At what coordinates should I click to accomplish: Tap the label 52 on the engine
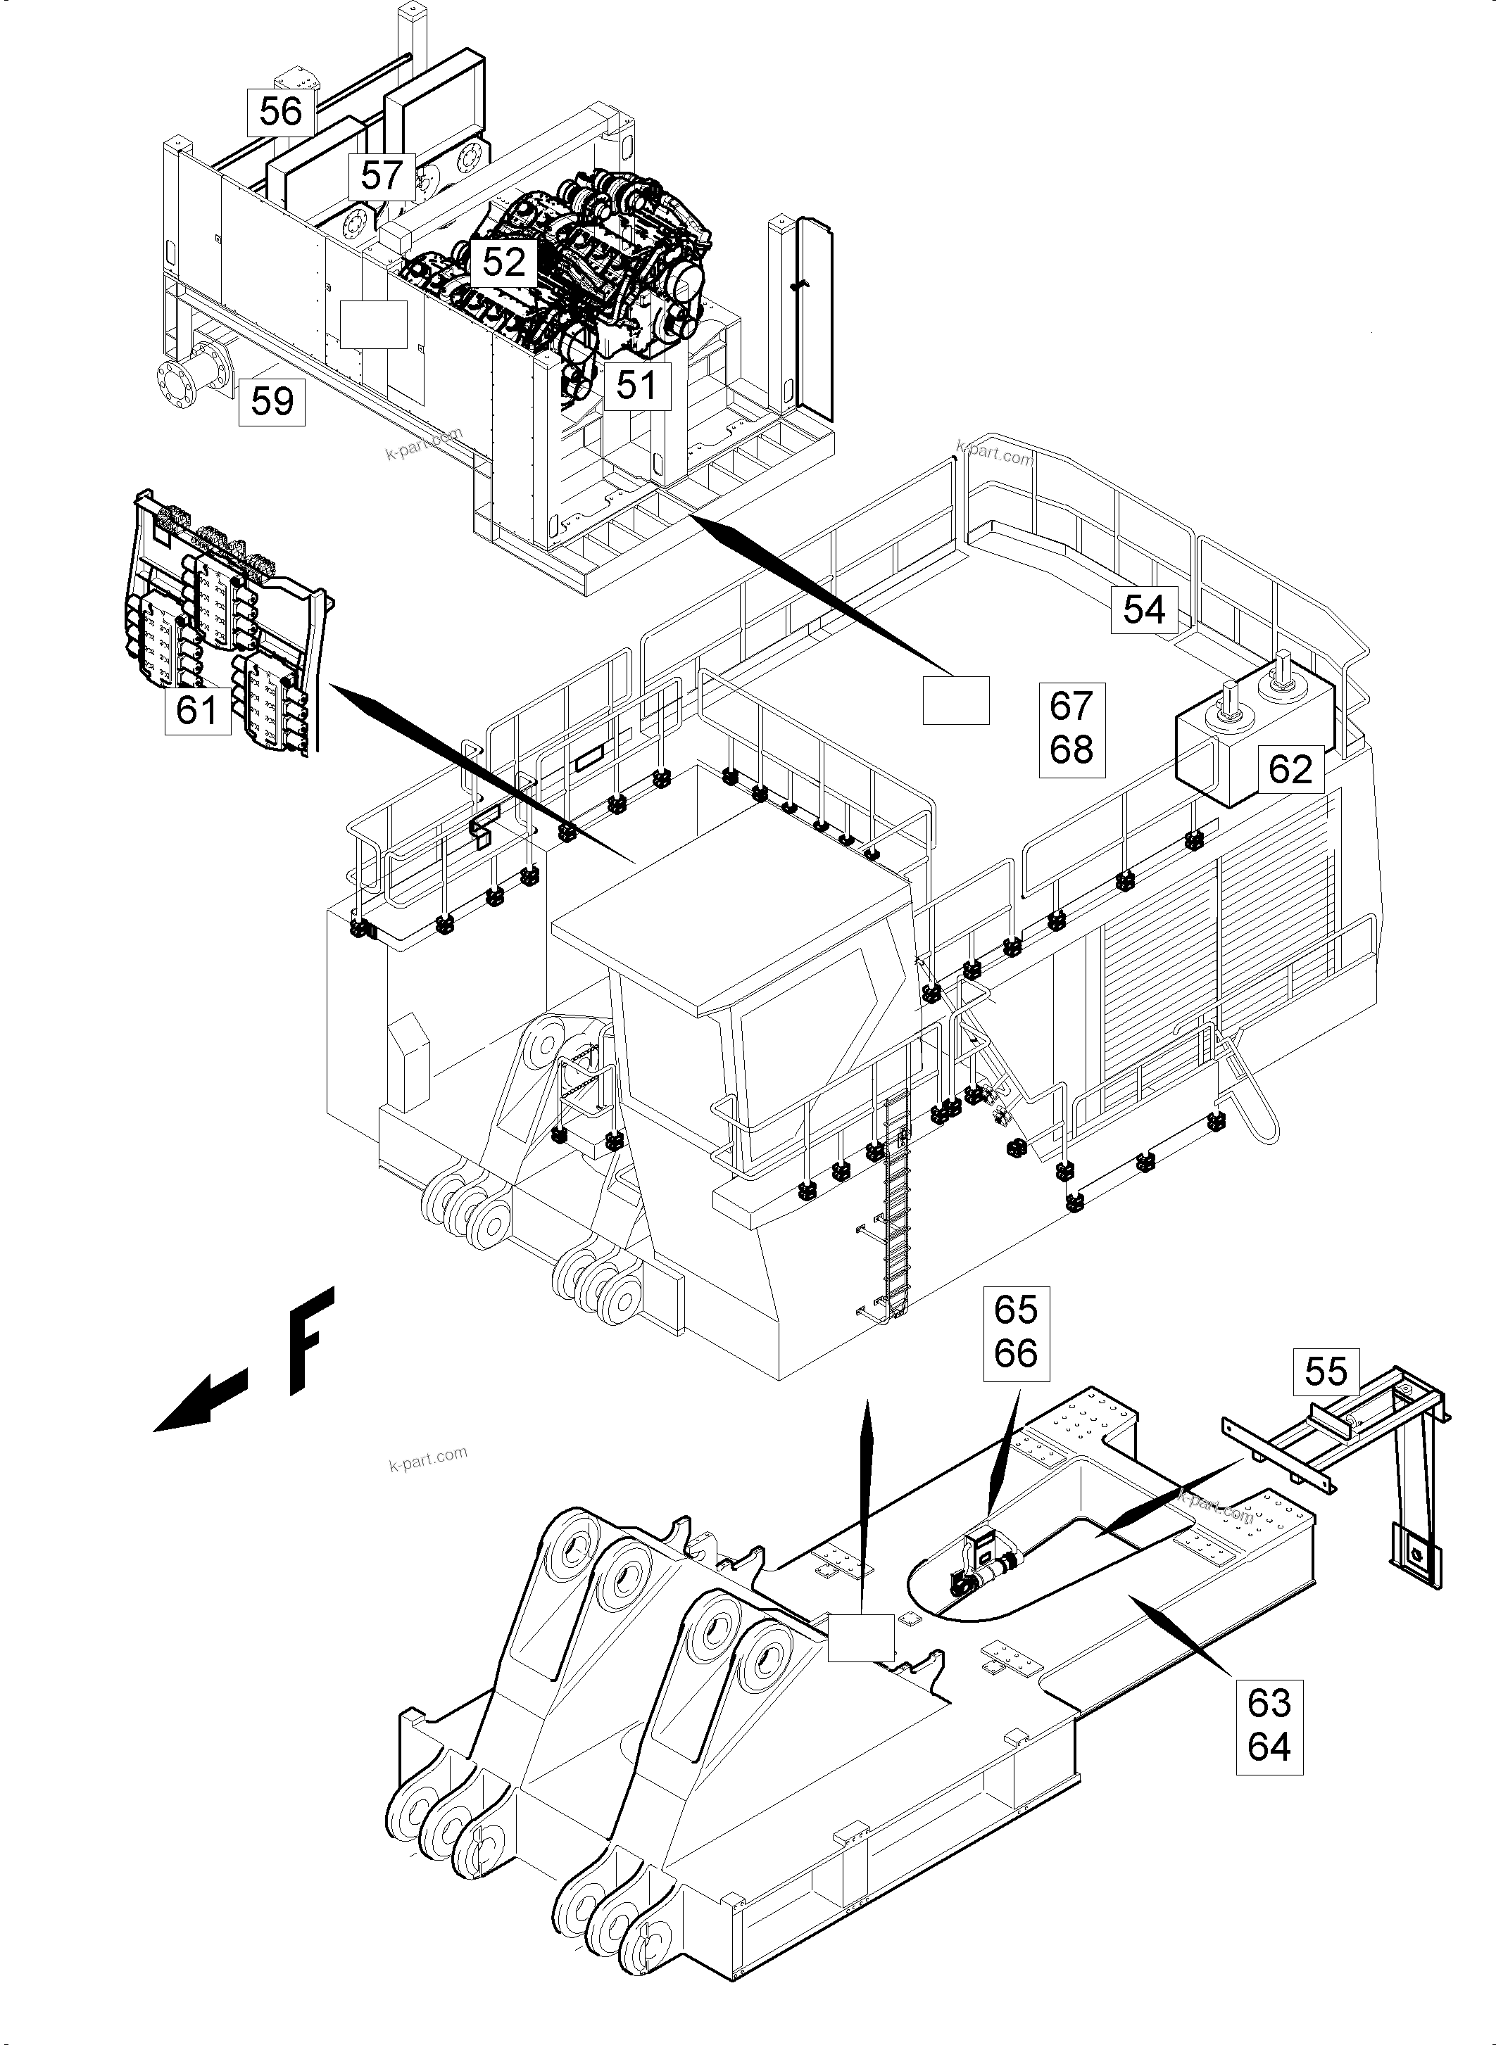tap(503, 262)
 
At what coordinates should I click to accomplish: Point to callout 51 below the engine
tap(636, 386)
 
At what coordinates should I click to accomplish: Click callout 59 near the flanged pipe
tap(272, 401)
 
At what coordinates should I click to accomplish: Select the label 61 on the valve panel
tap(196, 710)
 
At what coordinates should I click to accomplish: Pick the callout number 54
tap(1144, 609)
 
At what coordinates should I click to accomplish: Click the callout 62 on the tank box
tap(1290, 769)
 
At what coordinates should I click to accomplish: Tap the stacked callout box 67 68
tap(1071, 728)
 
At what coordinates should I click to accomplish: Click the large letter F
tap(310, 1340)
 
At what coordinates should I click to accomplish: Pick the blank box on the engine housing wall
tap(373, 324)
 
